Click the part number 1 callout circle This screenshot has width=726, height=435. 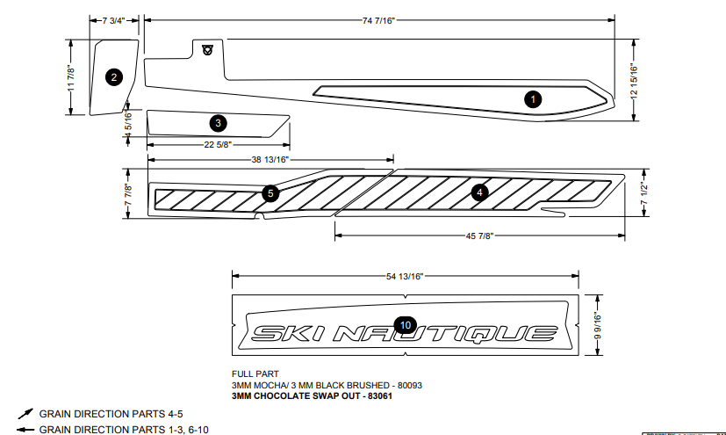(532, 98)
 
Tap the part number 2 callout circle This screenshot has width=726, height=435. (113, 78)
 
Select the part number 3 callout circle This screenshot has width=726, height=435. (218, 122)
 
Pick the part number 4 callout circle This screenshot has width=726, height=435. (479, 192)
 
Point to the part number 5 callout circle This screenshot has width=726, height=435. (270, 192)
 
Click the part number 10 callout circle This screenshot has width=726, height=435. (405, 325)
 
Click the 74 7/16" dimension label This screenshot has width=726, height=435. (377, 19)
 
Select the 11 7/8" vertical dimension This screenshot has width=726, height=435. (71, 76)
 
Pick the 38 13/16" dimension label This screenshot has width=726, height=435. (270, 159)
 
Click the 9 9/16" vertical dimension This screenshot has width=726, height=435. (597, 326)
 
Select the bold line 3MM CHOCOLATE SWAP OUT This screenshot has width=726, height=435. (311, 396)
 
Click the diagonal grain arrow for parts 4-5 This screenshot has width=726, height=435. (25, 413)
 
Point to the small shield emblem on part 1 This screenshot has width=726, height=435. (207, 49)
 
